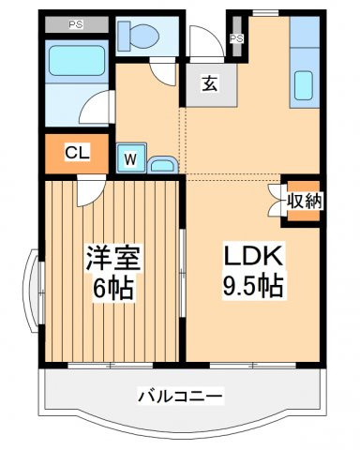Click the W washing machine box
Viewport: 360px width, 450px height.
point(132,160)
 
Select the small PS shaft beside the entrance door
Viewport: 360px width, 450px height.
point(237,38)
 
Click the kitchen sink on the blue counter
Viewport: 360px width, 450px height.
point(306,87)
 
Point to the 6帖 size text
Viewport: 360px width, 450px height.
point(111,288)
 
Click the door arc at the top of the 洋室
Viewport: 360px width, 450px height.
point(91,191)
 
